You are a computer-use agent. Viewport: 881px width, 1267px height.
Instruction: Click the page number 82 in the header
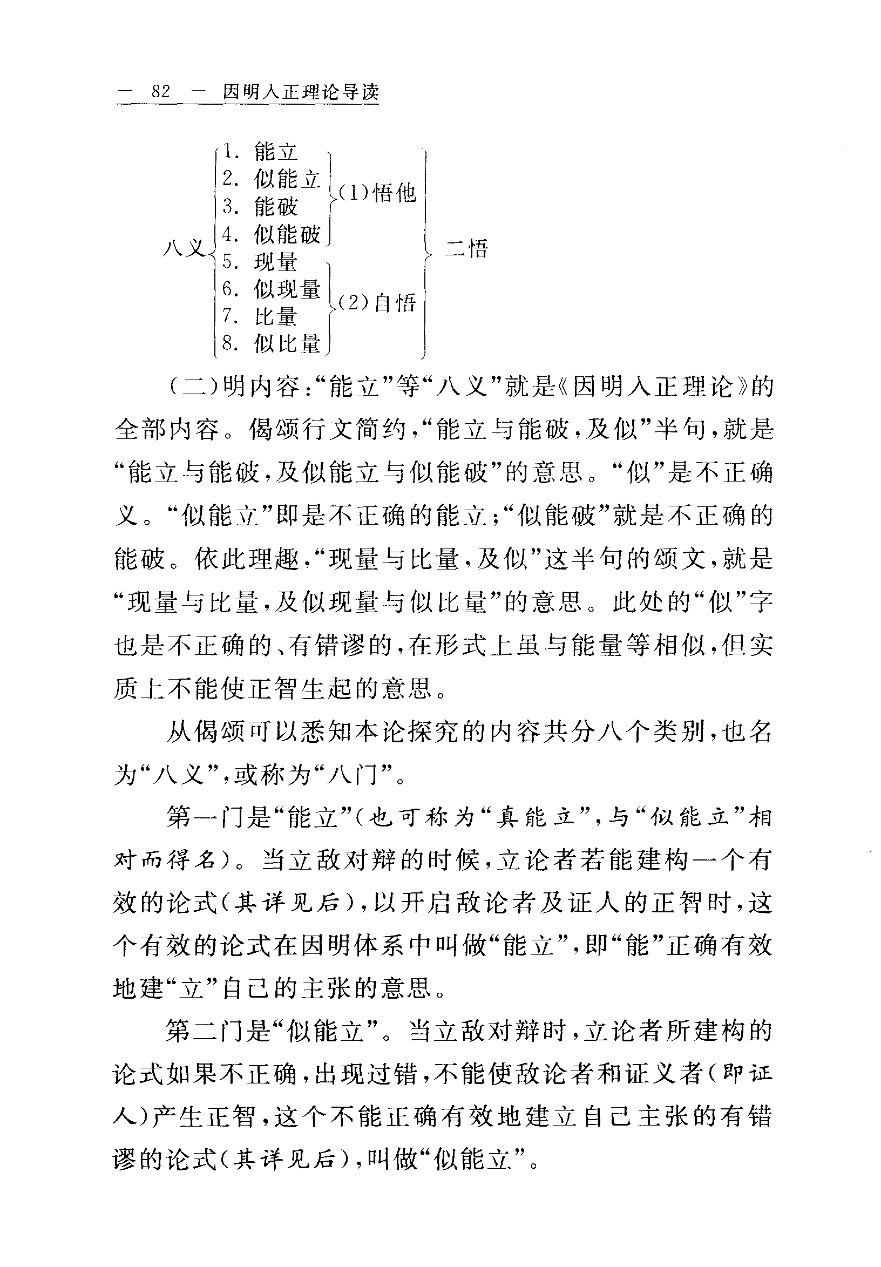point(160,92)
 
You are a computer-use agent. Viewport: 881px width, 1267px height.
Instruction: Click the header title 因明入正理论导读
point(301,92)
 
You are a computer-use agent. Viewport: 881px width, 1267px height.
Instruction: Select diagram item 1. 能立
point(260,151)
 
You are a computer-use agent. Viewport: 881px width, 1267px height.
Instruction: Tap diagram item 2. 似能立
point(271,179)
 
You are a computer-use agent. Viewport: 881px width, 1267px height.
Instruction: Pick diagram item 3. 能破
point(260,206)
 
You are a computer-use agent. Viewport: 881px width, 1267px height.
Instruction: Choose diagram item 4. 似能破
point(271,234)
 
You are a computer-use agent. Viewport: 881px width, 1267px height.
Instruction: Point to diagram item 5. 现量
point(260,262)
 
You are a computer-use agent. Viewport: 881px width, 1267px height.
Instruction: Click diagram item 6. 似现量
point(271,289)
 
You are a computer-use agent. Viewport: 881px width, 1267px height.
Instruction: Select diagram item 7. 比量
point(260,317)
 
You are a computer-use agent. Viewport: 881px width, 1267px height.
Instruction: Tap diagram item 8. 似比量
point(271,344)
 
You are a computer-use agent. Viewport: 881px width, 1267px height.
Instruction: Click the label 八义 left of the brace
point(184,248)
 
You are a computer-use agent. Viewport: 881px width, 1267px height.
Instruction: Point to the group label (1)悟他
point(377,193)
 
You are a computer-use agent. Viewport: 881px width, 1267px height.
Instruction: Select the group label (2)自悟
point(377,302)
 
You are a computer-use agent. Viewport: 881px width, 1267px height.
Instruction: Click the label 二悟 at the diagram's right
point(467,249)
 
